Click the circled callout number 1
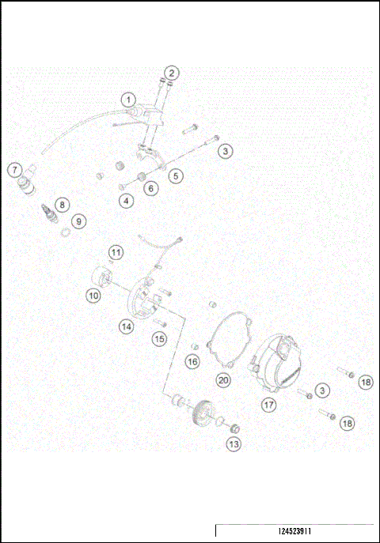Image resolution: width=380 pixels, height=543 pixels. point(128,100)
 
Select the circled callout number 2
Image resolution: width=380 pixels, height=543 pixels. point(173,74)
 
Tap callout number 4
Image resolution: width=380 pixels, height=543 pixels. point(127,201)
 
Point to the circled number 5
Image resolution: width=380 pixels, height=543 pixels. point(175,175)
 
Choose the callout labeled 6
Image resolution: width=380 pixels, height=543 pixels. point(150,188)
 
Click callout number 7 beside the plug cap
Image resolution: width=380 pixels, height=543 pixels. point(13,168)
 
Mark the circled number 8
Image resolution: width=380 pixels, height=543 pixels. point(62,203)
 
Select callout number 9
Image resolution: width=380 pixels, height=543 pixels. point(78,221)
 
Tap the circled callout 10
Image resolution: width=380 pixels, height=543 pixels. point(93,295)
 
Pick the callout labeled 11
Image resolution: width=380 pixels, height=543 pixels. point(116,253)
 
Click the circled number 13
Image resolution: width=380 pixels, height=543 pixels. point(233,445)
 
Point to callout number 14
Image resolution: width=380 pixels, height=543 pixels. point(127,326)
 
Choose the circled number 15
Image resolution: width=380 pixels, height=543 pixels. point(159,338)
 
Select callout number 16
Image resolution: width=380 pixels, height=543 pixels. point(192,361)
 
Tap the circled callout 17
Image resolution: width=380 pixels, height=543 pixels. point(268,404)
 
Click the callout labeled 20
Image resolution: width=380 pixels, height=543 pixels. point(224,380)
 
